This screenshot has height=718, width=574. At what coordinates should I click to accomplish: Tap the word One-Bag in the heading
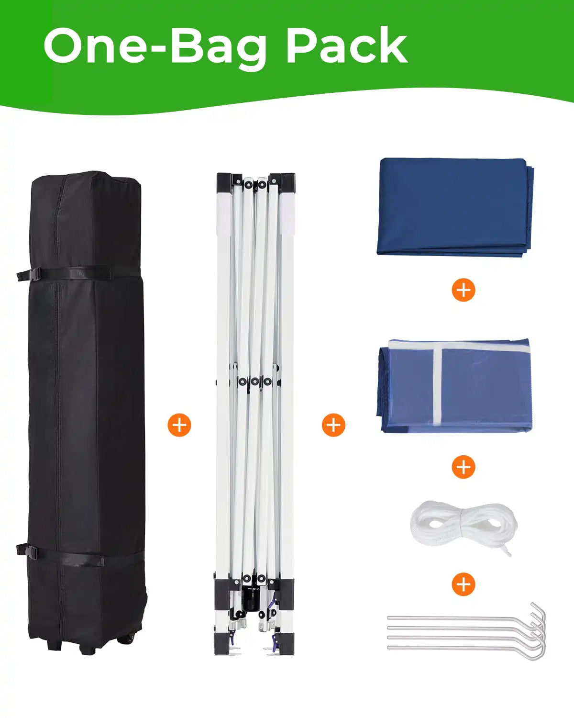tap(155, 48)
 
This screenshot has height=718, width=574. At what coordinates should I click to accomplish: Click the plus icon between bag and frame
tap(179, 425)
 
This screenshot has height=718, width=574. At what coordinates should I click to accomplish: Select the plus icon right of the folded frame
tap(333, 425)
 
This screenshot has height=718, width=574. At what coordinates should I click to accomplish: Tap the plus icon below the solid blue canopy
tap(464, 290)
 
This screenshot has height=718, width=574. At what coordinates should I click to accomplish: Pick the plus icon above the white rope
tap(464, 467)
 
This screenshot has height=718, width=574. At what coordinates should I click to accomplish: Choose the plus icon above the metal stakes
tap(464, 584)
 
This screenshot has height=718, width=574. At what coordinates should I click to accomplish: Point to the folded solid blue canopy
tap(455, 207)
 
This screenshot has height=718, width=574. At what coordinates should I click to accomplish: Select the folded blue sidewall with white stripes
tap(454, 386)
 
